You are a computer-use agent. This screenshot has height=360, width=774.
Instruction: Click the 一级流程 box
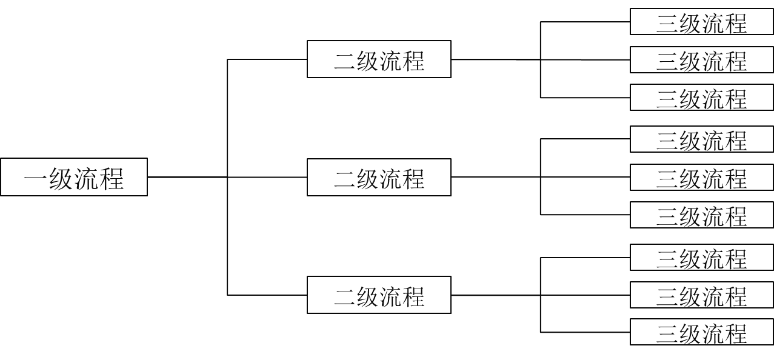coord(73,177)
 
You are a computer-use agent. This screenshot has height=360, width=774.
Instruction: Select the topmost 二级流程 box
coord(379,59)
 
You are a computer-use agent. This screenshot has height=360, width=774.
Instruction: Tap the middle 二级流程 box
coord(379,178)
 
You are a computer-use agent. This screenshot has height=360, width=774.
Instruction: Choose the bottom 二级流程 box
coord(379,295)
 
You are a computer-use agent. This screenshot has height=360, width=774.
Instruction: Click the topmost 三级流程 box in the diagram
coord(701,22)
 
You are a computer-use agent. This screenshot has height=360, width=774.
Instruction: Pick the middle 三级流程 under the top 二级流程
coord(701,60)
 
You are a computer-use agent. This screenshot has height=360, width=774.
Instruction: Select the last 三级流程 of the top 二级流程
coord(701,98)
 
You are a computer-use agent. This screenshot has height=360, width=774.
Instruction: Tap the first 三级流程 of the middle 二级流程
coord(701,139)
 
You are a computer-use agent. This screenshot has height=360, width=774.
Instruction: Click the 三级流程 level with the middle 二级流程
coord(701,178)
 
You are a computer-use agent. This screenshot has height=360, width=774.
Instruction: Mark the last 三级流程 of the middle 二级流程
coord(701,215)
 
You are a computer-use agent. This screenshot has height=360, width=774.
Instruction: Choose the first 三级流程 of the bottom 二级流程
coord(701,258)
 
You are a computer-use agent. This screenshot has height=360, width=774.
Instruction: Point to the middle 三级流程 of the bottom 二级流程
coord(701,295)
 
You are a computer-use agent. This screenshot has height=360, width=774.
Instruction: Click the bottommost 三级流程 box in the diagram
coord(701,332)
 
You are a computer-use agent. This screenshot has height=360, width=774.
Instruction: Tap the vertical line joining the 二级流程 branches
coord(227,121)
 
